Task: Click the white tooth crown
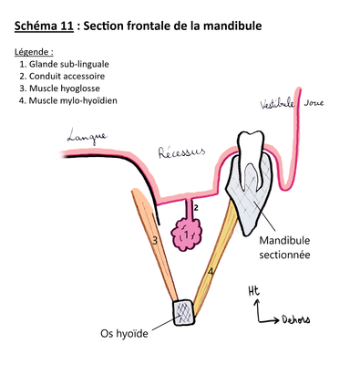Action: point(249,148)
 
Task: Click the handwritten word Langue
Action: point(87,137)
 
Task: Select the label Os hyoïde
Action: point(123,334)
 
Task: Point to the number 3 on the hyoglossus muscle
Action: point(156,240)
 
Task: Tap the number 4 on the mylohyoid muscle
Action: point(211,271)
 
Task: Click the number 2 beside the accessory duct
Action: point(196,207)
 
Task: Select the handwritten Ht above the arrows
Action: point(253,291)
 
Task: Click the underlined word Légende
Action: point(35,52)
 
